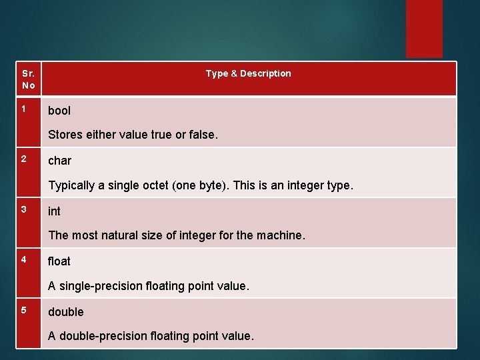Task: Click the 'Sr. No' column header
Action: point(28,79)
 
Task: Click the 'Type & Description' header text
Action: point(248,73)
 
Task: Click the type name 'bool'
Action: point(59,111)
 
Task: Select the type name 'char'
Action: point(59,161)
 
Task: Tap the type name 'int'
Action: point(54,211)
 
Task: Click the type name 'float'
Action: point(59,261)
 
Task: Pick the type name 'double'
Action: point(66,312)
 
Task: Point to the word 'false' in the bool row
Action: point(201,135)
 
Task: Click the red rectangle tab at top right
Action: point(424,28)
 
